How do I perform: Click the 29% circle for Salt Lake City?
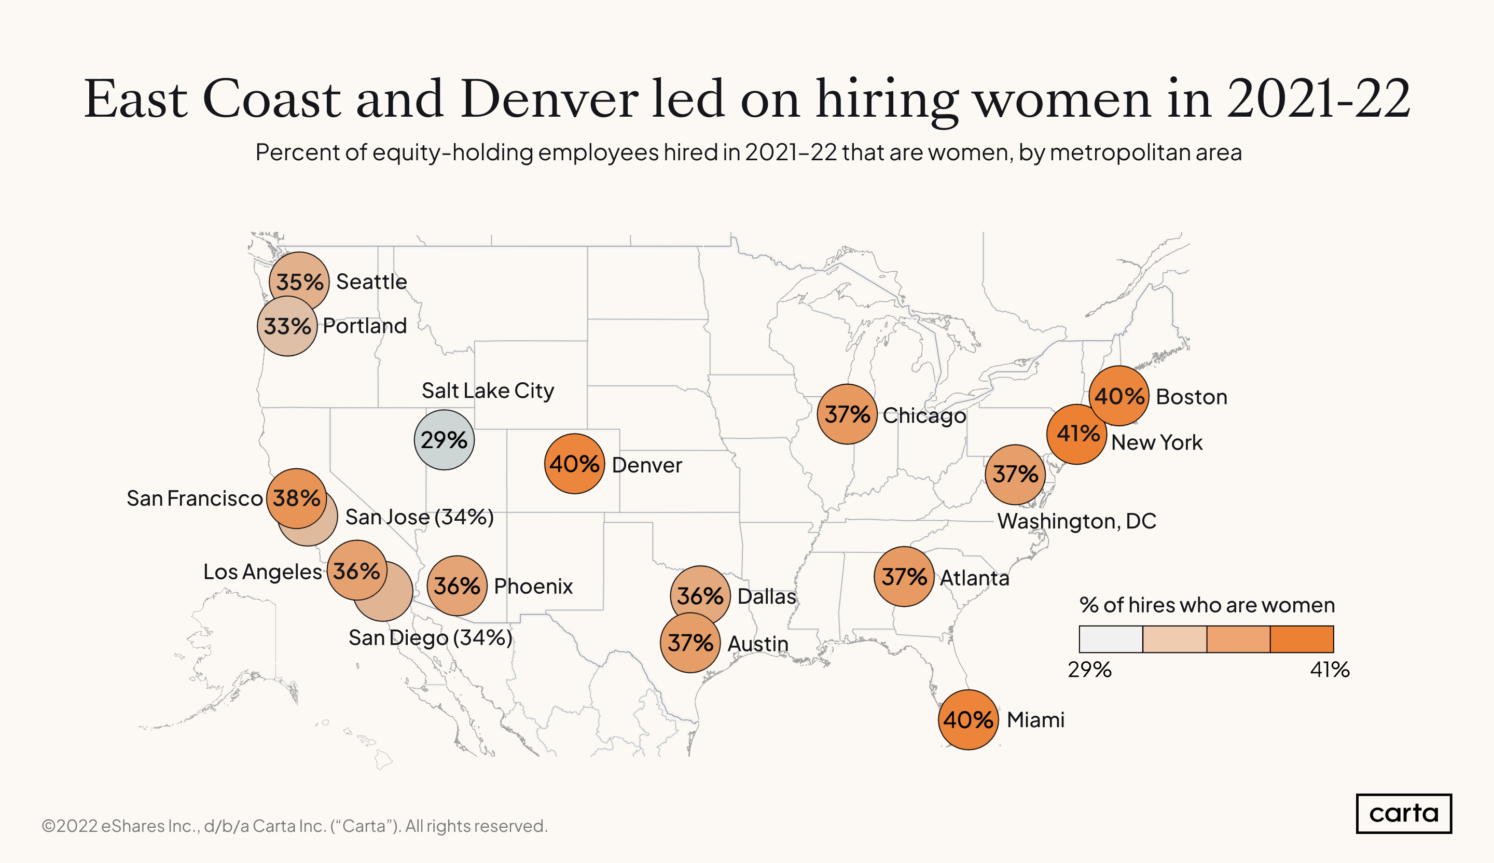(444, 440)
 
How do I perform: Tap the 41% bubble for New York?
(1076, 434)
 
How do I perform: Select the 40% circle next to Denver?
(574, 464)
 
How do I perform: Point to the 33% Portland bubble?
(287, 326)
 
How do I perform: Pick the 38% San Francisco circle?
(296, 498)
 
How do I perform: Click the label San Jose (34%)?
(419, 517)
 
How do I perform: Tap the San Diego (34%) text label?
(431, 638)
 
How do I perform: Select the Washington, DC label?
(1076, 521)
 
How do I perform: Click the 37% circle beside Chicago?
(847, 414)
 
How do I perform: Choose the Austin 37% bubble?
(690, 643)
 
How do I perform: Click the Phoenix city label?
(533, 586)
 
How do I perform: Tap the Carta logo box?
(1403, 813)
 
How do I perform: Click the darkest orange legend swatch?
(1302, 639)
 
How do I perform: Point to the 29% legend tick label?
(1089, 670)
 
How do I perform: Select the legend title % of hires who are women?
(1207, 605)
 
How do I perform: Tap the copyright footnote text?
(295, 826)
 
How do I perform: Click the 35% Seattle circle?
(299, 282)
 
